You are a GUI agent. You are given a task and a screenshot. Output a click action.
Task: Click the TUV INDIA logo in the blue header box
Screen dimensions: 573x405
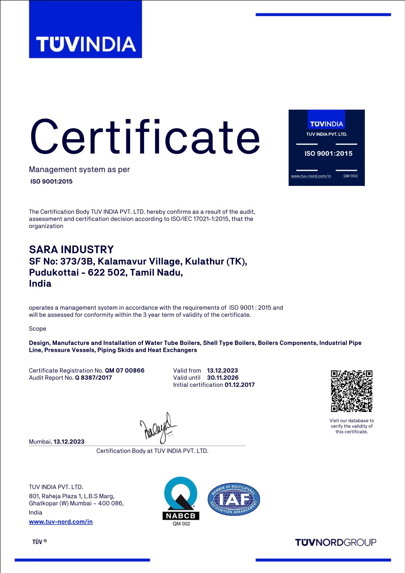tap(86, 44)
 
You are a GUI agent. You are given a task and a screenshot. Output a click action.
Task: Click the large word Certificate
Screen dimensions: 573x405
tap(145, 137)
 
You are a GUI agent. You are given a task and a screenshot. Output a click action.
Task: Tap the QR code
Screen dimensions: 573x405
tap(352, 391)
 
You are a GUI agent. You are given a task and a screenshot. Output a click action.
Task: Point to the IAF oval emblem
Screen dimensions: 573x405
tap(234, 499)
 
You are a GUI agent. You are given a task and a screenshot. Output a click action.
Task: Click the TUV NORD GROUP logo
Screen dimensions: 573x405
tap(336, 542)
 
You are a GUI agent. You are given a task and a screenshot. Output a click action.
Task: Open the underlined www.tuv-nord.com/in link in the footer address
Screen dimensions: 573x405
tap(61, 522)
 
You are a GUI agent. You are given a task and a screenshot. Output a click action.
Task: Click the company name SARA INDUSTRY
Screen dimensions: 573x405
tap(71, 250)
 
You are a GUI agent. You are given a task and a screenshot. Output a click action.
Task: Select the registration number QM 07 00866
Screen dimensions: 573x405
tap(125, 370)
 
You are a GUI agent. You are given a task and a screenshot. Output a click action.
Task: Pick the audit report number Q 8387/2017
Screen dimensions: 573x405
tap(94, 378)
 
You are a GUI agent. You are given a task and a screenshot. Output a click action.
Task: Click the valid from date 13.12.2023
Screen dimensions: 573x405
tap(223, 370)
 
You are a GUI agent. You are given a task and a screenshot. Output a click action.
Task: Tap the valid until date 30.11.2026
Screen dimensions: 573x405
tap(223, 378)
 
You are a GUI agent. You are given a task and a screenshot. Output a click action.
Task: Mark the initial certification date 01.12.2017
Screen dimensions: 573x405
tap(240, 385)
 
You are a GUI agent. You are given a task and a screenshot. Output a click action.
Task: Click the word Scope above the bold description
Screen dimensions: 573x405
tap(37, 329)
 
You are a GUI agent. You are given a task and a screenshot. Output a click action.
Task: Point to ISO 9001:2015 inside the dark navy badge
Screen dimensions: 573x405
tap(328, 154)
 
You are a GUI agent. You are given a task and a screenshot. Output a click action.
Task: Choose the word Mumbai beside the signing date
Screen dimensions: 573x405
tap(40, 442)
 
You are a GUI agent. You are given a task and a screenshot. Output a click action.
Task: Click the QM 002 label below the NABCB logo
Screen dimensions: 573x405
tap(181, 524)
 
